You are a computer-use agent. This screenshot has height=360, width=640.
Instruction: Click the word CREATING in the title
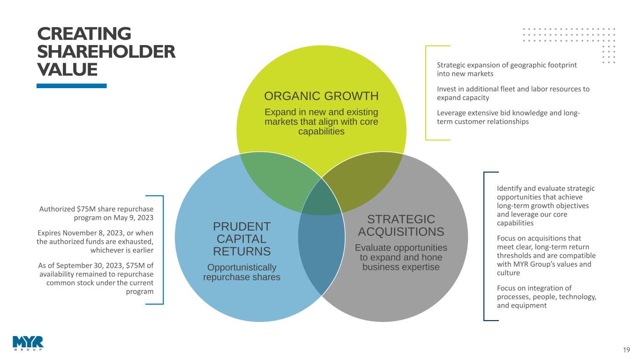(x=84, y=34)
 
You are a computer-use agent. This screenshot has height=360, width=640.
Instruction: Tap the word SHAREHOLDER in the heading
(x=106, y=52)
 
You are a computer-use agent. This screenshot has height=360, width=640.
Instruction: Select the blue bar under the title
(x=71, y=86)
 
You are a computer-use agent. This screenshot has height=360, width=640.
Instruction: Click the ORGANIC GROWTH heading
(x=321, y=96)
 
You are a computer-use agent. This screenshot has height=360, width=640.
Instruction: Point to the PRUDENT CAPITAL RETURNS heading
(x=241, y=239)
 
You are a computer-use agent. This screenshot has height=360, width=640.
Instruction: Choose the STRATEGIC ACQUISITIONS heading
(x=401, y=225)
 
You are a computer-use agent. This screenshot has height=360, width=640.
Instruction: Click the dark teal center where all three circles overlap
(x=322, y=200)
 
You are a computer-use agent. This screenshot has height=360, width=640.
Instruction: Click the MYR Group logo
(x=28, y=343)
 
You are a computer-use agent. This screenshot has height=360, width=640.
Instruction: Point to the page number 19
(x=626, y=350)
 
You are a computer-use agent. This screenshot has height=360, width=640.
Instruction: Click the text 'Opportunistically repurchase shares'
(x=242, y=272)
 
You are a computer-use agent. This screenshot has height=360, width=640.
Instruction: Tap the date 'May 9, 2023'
(x=134, y=217)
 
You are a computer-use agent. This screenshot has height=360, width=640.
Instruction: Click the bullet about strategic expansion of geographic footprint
(x=506, y=69)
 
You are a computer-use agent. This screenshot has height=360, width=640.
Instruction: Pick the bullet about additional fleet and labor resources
(x=513, y=93)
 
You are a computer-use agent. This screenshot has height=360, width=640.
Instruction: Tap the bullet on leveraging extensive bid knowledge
(x=508, y=117)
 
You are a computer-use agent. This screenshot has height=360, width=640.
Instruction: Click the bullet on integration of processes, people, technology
(x=547, y=297)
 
